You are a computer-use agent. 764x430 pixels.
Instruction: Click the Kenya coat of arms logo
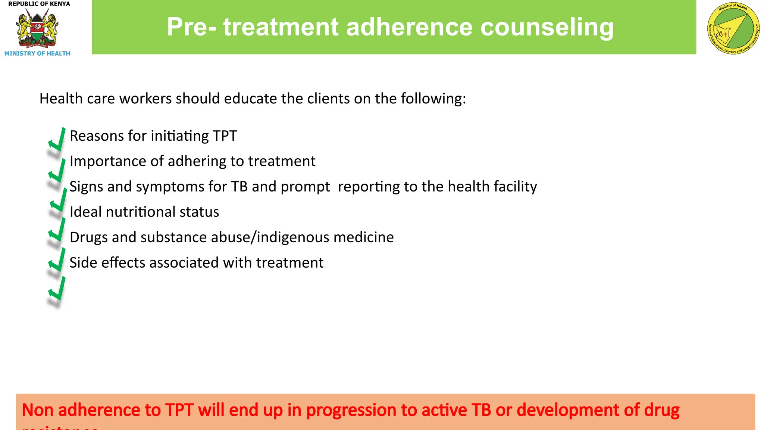point(37,29)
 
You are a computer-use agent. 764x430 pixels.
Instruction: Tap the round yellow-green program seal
point(733,29)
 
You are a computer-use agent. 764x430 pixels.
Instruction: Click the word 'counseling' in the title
point(547,27)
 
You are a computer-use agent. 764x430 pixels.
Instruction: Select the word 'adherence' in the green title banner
point(409,27)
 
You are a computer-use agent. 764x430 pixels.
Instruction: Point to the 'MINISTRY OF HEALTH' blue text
point(37,53)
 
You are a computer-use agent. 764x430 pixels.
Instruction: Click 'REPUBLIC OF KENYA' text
point(39,4)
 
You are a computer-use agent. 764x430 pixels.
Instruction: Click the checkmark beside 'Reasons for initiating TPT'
point(57,140)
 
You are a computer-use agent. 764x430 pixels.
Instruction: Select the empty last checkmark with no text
point(57,290)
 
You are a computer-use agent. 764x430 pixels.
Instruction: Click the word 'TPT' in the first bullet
point(225,136)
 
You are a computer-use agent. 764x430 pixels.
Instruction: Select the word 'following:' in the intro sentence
point(433,99)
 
